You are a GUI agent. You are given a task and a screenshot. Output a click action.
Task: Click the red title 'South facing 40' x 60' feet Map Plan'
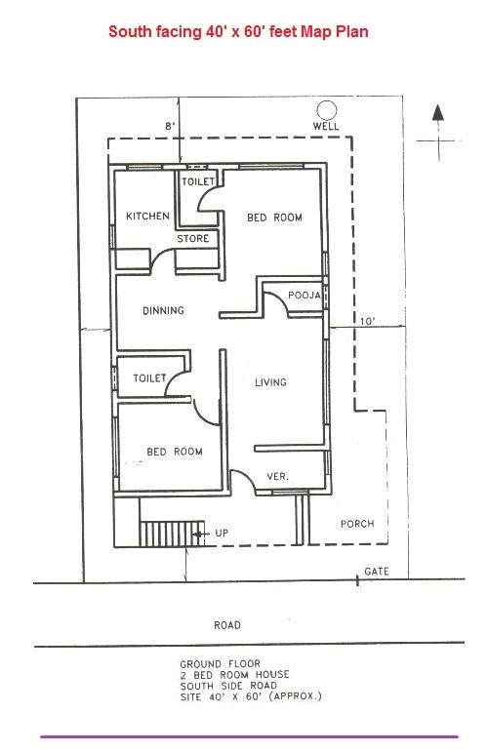(x=238, y=32)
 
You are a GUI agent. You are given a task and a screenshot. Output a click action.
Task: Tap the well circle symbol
(x=326, y=109)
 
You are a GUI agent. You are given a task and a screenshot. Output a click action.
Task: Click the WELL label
(x=326, y=127)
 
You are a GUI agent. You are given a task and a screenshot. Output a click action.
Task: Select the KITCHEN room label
(x=147, y=217)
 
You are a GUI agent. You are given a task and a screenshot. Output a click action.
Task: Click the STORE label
(x=192, y=239)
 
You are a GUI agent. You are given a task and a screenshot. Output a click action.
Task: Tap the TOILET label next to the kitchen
(x=198, y=182)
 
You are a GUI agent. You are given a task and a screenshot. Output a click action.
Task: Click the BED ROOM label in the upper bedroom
(x=273, y=218)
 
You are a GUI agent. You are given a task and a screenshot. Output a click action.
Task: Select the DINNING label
(x=163, y=312)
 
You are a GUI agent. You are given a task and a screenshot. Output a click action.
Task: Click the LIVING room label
(x=270, y=382)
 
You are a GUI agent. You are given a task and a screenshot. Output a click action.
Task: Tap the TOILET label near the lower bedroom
(x=149, y=376)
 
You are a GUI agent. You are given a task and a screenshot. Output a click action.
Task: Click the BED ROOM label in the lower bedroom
(x=175, y=452)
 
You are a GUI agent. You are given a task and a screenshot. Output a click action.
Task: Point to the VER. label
(x=277, y=477)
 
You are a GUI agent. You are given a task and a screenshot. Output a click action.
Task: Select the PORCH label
(x=357, y=524)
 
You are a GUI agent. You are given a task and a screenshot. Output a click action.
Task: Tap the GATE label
(x=377, y=571)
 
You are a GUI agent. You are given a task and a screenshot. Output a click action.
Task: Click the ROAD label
(x=227, y=625)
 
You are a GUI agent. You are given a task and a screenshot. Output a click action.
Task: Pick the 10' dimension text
(x=366, y=321)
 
